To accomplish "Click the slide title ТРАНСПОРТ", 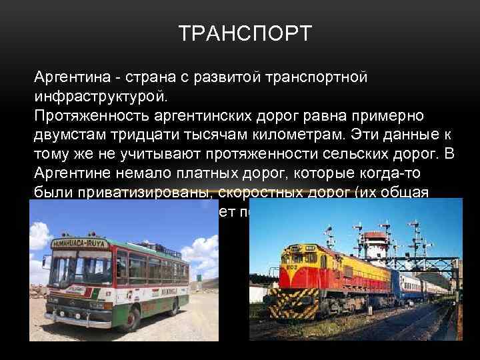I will pos(245,33).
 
